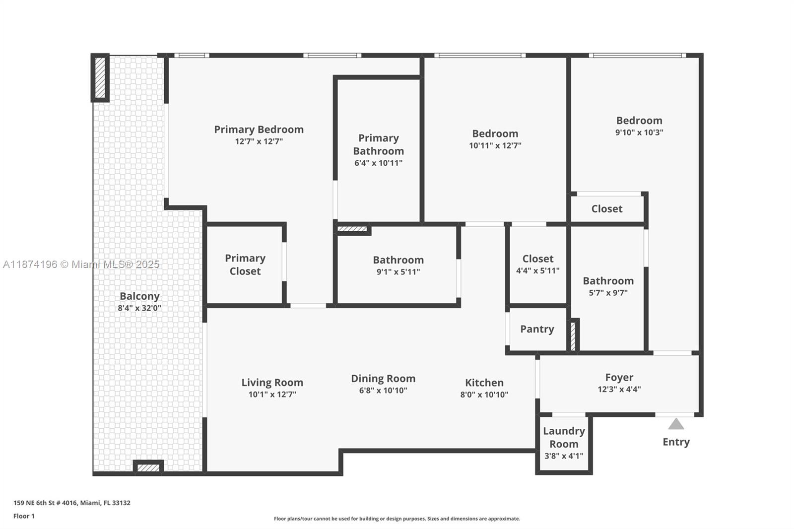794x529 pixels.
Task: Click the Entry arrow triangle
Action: [676, 424]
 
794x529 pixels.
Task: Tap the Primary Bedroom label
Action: [259, 130]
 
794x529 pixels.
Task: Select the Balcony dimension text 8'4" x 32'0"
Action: [139, 308]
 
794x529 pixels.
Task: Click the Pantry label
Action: [537, 329]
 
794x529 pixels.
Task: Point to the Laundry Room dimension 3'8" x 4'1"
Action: [564, 456]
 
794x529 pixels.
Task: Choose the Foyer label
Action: [619, 378]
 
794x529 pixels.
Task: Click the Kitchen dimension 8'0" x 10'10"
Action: [484, 395]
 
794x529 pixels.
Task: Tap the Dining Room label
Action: [383, 379]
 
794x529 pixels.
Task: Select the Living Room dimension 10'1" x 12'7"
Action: [272, 395]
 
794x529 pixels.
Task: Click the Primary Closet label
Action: [245, 264]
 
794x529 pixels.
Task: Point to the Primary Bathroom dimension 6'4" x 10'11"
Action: [378, 163]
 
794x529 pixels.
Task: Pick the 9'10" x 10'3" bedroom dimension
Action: [639, 132]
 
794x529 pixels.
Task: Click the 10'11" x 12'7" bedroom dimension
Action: [495, 146]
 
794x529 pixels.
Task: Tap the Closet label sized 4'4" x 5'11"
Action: [537, 259]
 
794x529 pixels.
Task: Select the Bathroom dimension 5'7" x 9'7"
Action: [608, 293]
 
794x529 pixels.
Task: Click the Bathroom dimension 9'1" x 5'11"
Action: [398, 272]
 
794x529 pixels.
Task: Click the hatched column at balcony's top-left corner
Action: [100, 77]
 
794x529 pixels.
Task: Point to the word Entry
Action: [676, 442]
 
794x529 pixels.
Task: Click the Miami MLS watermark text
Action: [81, 264]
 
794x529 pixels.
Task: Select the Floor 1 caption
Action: [24, 516]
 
